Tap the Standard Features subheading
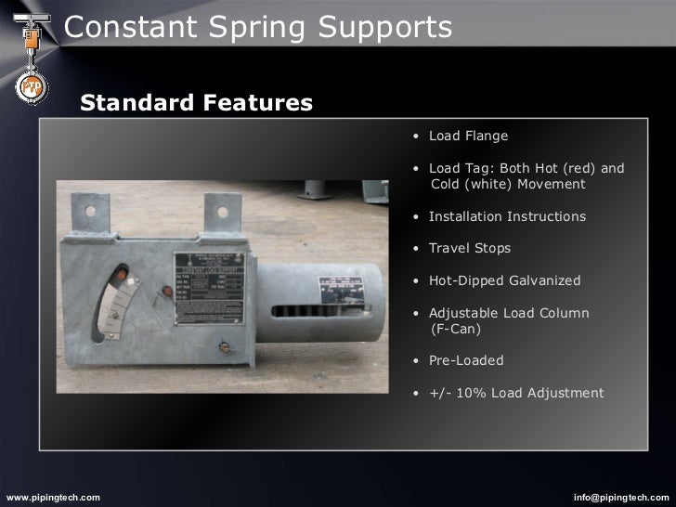[196, 101]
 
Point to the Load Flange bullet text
[468, 136]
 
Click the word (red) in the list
[575, 169]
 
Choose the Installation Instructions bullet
[507, 216]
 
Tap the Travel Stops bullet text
[469, 249]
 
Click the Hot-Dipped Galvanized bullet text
[504, 280]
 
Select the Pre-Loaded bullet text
[465, 360]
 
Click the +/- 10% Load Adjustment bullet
[515, 393]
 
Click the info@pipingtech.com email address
[620, 498]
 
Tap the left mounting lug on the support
[100, 214]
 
